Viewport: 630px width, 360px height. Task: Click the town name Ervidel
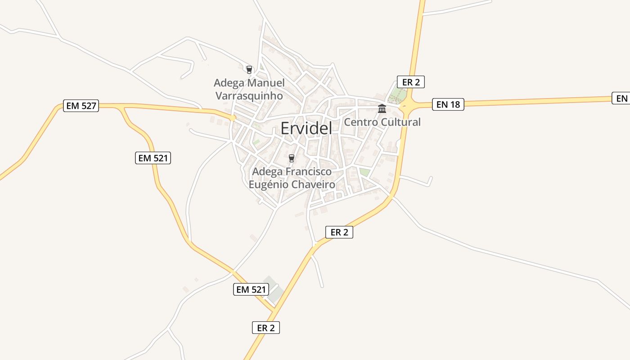(306, 128)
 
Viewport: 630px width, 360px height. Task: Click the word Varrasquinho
(249, 96)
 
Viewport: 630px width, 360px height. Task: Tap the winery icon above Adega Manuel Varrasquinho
(249, 70)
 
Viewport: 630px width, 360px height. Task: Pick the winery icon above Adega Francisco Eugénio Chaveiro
(292, 158)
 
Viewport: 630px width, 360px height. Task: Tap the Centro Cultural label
(382, 122)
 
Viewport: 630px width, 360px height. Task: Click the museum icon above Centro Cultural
(382, 108)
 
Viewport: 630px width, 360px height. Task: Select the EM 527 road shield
(81, 106)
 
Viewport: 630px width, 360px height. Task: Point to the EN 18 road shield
(448, 104)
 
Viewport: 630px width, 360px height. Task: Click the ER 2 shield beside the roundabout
(411, 82)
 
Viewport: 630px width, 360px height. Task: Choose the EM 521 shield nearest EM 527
(153, 158)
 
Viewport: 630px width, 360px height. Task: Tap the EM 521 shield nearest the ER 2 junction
(251, 289)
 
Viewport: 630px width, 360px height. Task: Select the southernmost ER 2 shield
(265, 328)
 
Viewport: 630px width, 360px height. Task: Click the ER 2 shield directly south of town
(339, 232)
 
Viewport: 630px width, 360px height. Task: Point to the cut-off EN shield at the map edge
(621, 98)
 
